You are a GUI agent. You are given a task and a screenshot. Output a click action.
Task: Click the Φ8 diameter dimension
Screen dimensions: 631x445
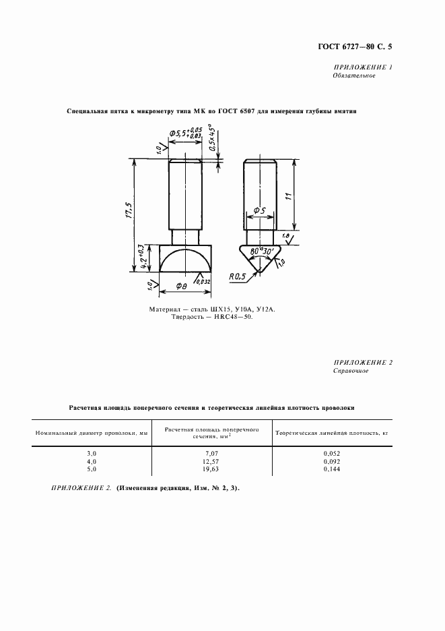click(182, 287)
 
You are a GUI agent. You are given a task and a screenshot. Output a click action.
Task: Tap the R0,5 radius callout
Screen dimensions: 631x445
click(238, 275)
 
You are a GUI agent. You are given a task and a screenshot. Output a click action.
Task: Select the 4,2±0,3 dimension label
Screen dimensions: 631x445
click(142, 257)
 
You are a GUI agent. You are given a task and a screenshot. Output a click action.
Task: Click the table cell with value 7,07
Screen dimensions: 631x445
click(212, 454)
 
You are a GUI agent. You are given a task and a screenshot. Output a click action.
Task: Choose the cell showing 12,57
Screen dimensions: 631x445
click(212, 461)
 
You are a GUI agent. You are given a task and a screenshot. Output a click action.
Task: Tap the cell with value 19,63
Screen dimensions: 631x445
click(212, 469)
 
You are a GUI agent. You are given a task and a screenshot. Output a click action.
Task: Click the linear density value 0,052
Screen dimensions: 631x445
click(332, 454)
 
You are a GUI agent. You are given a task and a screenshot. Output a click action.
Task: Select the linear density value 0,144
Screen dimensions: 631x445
click(332, 469)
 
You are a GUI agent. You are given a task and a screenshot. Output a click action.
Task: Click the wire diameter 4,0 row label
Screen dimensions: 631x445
click(92, 461)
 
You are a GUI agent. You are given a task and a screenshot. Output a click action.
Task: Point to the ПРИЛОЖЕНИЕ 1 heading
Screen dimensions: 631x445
click(363, 67)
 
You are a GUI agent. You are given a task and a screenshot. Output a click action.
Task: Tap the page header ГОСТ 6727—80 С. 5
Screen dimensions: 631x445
click(355, 47)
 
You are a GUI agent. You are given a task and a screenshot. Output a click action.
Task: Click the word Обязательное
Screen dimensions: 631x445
click(354, 76)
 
